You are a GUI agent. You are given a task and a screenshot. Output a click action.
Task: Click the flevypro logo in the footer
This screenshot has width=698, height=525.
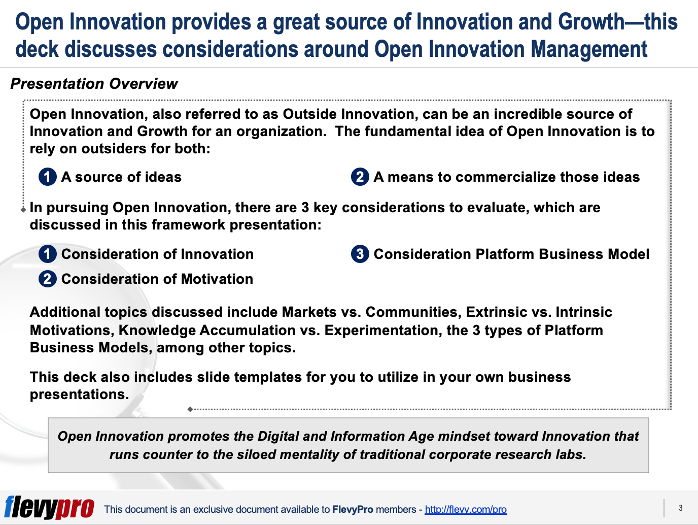(49, 508)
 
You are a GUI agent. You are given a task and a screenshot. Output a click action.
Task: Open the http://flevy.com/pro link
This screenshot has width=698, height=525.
(466, 509)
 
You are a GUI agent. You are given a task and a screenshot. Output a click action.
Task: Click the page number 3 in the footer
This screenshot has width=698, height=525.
(681, 508)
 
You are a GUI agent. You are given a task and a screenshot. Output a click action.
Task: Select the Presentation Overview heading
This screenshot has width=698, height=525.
(94, 84)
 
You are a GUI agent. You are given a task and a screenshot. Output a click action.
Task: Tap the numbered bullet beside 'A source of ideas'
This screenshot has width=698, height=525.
(48, 177)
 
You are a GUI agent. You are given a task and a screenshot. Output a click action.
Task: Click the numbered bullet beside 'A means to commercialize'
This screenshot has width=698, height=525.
(360, 177)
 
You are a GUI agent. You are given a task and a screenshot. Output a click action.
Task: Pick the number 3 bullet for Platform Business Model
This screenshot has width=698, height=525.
(360, 254)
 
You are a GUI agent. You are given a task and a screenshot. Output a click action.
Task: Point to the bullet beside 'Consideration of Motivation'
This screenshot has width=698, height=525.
(48, 279)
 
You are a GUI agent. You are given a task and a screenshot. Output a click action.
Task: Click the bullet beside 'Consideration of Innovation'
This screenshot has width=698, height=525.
(48, 254)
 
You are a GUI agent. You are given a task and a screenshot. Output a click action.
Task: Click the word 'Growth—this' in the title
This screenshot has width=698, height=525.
(617, 22)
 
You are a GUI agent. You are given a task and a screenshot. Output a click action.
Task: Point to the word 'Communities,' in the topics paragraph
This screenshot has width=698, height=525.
(414, 312)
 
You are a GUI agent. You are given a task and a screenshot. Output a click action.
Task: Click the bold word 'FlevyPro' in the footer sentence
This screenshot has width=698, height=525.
(353, 509)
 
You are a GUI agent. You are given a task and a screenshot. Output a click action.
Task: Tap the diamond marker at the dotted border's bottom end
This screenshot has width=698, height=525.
(190, 409)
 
